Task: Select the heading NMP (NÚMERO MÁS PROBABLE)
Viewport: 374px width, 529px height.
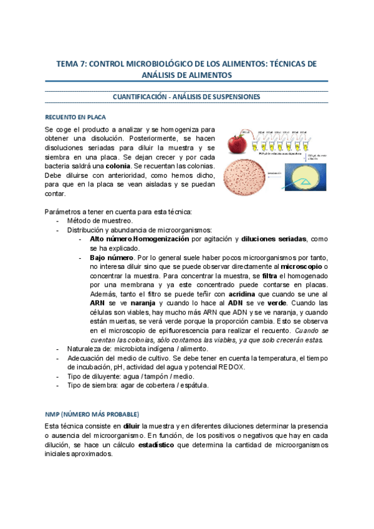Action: point(92,414)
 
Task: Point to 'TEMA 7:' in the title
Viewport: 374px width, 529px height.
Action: point(72,64)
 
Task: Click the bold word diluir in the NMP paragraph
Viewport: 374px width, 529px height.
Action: point(132,427)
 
